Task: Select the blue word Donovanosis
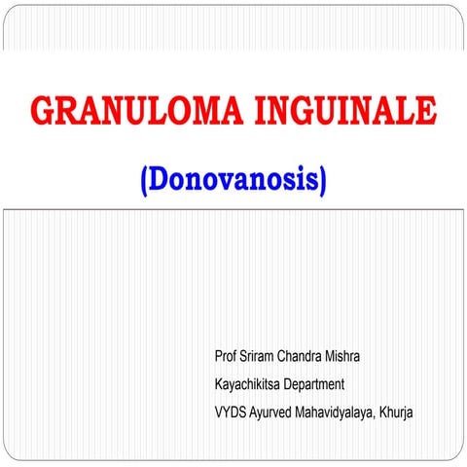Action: point(233,181)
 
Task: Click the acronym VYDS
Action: point(232,413)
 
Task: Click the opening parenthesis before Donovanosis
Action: point(145,182)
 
